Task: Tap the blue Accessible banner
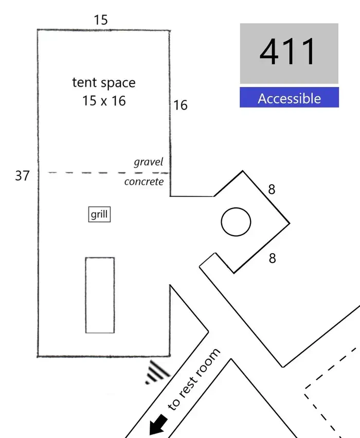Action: (290, 97)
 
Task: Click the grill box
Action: (99, 214)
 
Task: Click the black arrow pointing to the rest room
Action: (158, 424)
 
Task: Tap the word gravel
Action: (149, 162)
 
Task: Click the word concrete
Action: (144, 182)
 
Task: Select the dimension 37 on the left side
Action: (22, 176)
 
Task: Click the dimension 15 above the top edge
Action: (101, 20)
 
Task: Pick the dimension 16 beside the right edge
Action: (181, 106)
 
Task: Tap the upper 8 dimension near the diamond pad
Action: (272, 189)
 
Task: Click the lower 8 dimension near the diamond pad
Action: (273, 258)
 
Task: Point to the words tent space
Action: (104, 83)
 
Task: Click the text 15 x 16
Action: (104, 100)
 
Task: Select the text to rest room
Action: (194, 379)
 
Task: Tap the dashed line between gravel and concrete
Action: (109, 173)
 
